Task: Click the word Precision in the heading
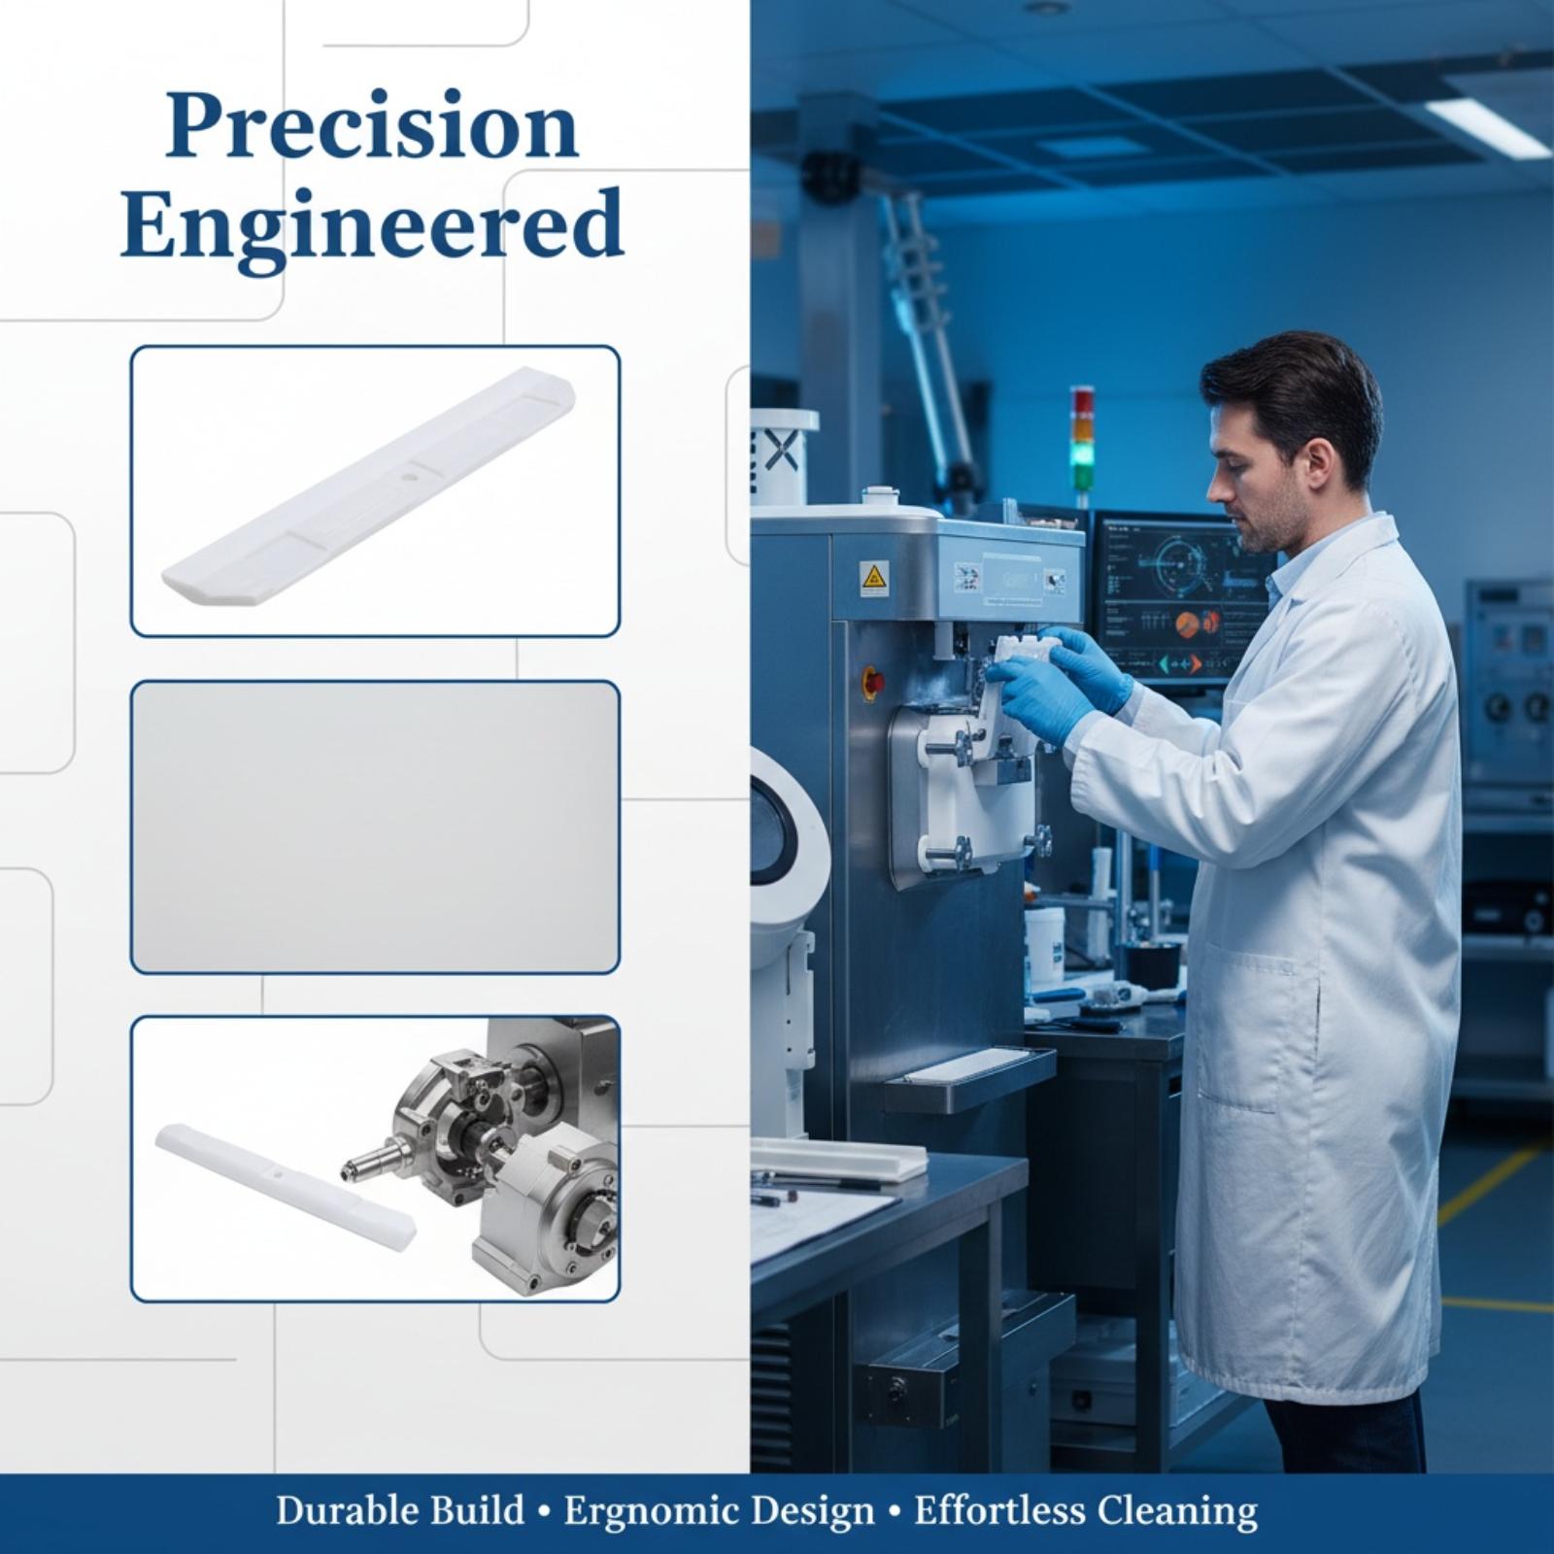(372, 127)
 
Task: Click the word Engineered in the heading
(372, 224)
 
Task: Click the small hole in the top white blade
(408, 478)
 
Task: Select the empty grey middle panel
(375, 827)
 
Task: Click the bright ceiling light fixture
(1488, 122)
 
